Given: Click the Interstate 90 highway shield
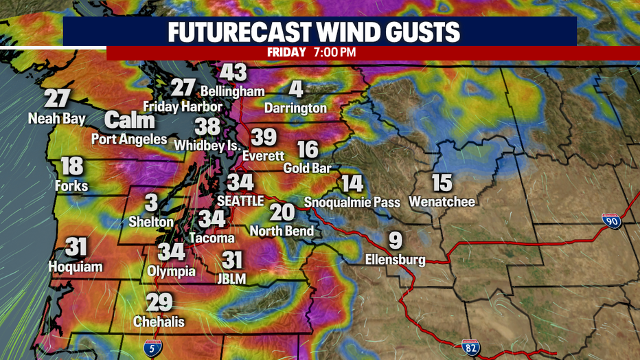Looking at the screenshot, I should tap(610, 221).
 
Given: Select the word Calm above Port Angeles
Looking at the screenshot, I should tap(130, 121).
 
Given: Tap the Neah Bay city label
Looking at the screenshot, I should tap(56, 119).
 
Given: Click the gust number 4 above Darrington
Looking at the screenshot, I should tap(296, 89).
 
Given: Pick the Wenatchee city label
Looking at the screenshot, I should tap(442, 202).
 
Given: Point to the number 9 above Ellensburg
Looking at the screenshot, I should tap(395, 241).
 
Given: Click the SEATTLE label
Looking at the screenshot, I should tap(240, 201).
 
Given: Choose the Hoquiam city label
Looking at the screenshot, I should tap(76, 267).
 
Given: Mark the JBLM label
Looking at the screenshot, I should tap(233, 278).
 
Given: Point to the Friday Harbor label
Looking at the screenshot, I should tap(183, 106).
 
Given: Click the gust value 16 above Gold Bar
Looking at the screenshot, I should tap(308, 149).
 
